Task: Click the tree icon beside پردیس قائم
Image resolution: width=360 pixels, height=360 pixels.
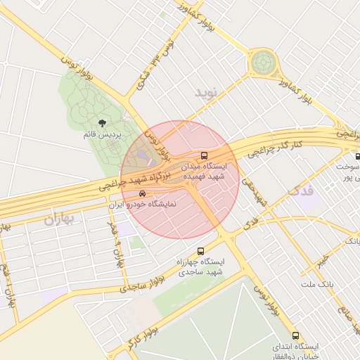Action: [104, 124]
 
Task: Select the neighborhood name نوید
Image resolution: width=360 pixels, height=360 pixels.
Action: [207, 93]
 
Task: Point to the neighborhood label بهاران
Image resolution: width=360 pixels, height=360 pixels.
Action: [59, 219]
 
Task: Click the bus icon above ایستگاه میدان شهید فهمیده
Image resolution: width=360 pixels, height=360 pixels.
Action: [205, 155]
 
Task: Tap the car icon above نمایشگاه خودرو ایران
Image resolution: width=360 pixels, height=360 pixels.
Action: [143, 193]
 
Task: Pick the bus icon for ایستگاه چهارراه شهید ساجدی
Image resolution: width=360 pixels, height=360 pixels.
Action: [201, 251]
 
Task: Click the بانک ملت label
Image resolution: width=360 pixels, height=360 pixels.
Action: [315, 284]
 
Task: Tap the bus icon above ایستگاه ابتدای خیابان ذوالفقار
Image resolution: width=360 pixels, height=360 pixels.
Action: [295, 335]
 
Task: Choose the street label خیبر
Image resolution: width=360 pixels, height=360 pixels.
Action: [321, 262]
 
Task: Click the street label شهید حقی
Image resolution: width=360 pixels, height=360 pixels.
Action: [255, 191]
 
